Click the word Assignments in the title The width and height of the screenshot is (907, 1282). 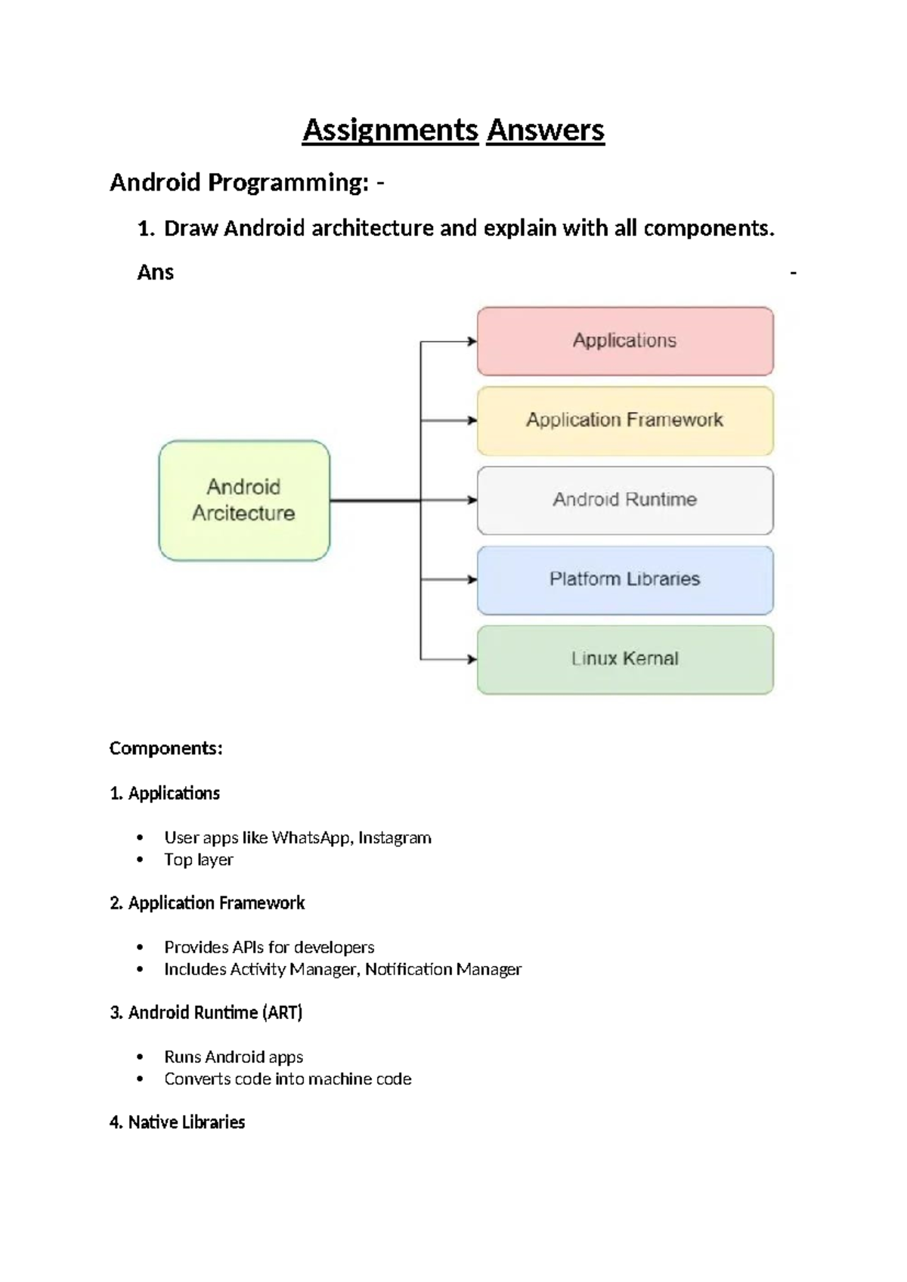(x=390, y=130)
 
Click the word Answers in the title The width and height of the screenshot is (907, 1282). (x=545, y=130)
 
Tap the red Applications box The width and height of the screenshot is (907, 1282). (x=624, y=341)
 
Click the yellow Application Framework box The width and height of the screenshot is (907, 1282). (x=624, y=420)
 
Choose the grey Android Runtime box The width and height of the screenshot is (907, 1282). (x=624, y=500)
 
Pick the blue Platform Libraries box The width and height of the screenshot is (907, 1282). (x=624, y=580)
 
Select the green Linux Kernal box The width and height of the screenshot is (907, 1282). (x=624, y=659)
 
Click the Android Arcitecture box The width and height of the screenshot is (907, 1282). (x=243, y=500)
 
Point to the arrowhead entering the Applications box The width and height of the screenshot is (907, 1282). (x=472, y=342)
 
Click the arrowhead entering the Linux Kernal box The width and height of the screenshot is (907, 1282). (x=472, y=659)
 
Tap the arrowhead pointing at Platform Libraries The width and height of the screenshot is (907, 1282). (x=472, y=580)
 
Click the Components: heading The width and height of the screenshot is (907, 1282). (x=166, y=748)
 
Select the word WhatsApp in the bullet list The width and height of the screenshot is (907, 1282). (x=311, y=838)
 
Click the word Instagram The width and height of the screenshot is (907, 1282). (x=395, y=838)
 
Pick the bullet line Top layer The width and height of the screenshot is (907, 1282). (x=198, y=859)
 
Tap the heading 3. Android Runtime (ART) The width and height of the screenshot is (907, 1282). (x=206, y=1013)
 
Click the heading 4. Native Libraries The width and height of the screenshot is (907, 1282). (x=177, y=1123)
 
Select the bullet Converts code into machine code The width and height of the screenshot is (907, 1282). (x=287, y=1079)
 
